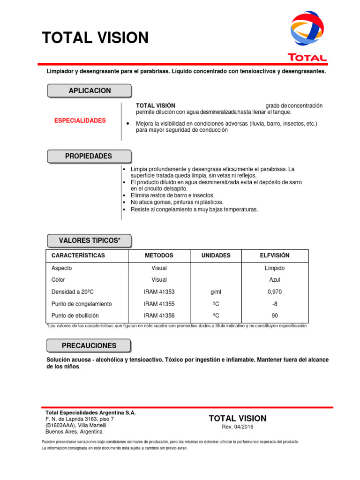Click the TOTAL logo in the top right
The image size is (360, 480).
tap(307, 37)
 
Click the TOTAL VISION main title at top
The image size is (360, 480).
tap(95, 38)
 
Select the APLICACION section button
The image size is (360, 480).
tap(90, 90)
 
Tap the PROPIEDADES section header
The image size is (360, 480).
tap(89, 156)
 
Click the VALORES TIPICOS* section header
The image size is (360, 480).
tap(89, 241)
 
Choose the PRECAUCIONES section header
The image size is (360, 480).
tap(89, 346)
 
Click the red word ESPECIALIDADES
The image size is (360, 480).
tap(80, 120)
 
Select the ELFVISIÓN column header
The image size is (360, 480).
tap(275, 255)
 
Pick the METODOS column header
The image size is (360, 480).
tap(159, 255)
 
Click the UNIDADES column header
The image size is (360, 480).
tap(216, 255)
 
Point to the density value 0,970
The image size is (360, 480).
tap(275, 292)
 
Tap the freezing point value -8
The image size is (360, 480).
tap(275, 304)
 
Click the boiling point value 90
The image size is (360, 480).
tap(275, 315)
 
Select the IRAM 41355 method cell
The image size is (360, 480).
tap(159, 304)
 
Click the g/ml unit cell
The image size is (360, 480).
tap(216, 292)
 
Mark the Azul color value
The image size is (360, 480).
tap(275, 280)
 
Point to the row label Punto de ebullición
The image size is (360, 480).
tap(75, 315)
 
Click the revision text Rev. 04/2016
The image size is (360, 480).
tap(237, 427)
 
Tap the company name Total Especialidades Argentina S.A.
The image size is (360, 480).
tap(90, 412)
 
